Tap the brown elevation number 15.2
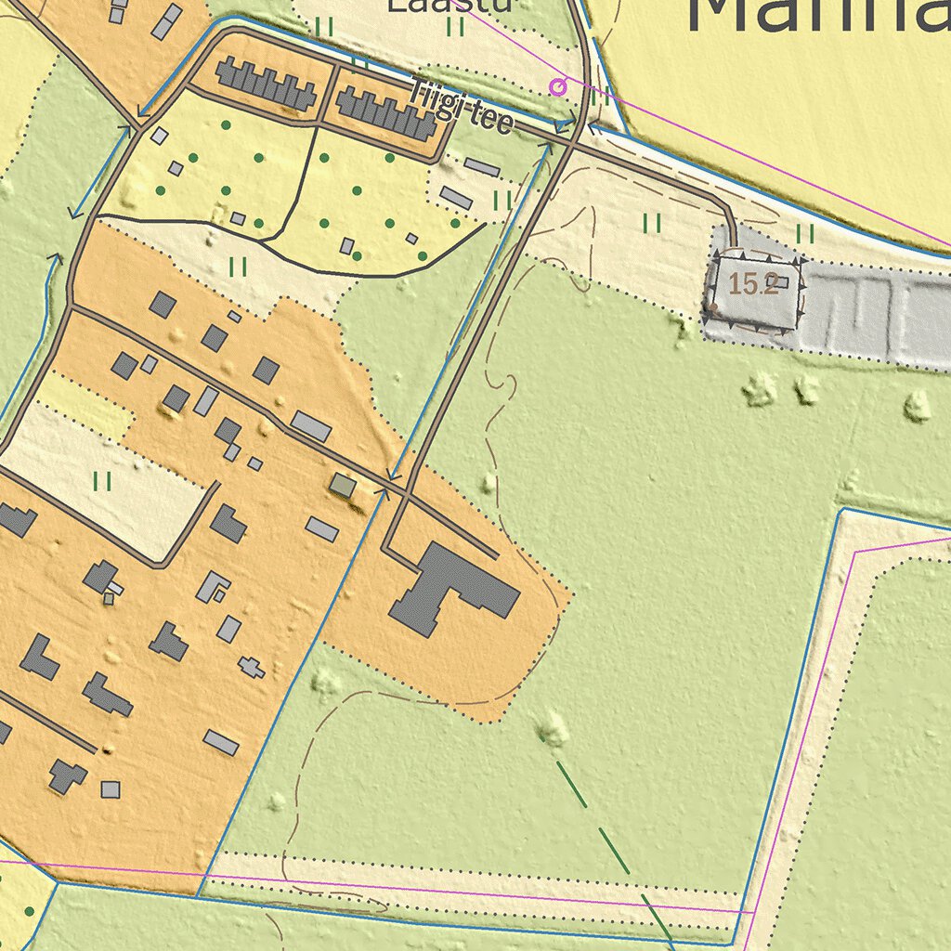tap(751, 284)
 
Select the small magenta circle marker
tap(557, 87)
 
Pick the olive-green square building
tap(343, 485)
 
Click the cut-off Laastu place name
tap(449, 6)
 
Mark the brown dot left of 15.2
tap(713, 306)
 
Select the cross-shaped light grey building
tap(251, 666)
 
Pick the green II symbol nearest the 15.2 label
tap(804, 233)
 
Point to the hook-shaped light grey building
tap(212, 586)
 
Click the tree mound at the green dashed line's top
tap(553, 729)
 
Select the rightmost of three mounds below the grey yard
tap(917, 406)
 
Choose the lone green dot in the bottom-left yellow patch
tap(30, 911)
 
